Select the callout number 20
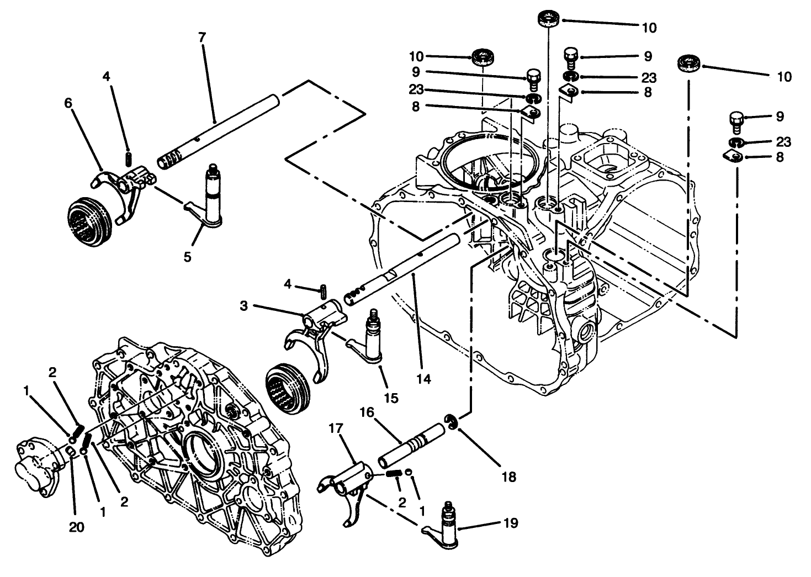tap(77, 527)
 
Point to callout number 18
tap(508, 477)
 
